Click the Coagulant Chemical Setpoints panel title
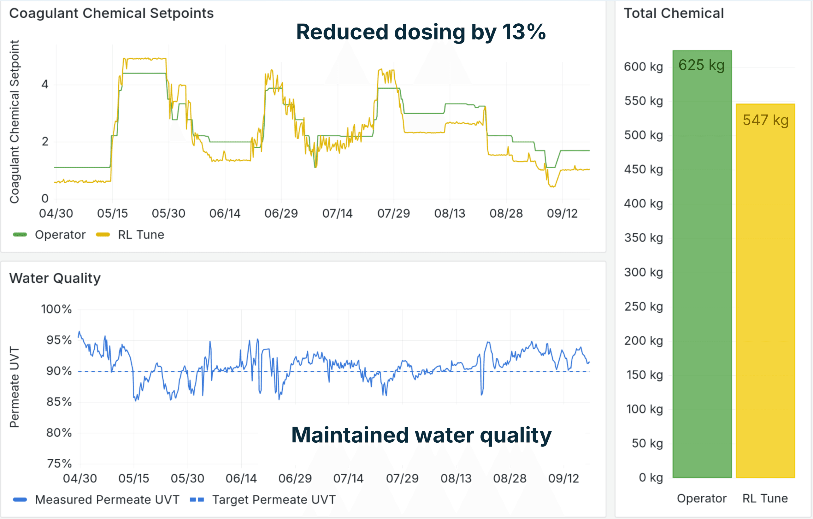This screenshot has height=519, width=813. (111, 14)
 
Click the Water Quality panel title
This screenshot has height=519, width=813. (55, 278)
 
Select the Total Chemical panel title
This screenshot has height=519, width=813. (674, 14)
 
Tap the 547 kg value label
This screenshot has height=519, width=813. (765, 120)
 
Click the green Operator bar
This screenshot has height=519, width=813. (702, 270)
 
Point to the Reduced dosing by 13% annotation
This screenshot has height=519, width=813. (421, 32)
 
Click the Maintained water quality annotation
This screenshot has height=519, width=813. (421, 435)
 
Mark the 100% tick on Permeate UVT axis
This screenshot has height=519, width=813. (56, 309)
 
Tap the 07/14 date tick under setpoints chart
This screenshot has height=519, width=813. (337, 213)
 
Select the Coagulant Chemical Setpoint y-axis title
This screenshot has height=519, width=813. (14, 121)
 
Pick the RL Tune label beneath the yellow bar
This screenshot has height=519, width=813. (765, 498)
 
